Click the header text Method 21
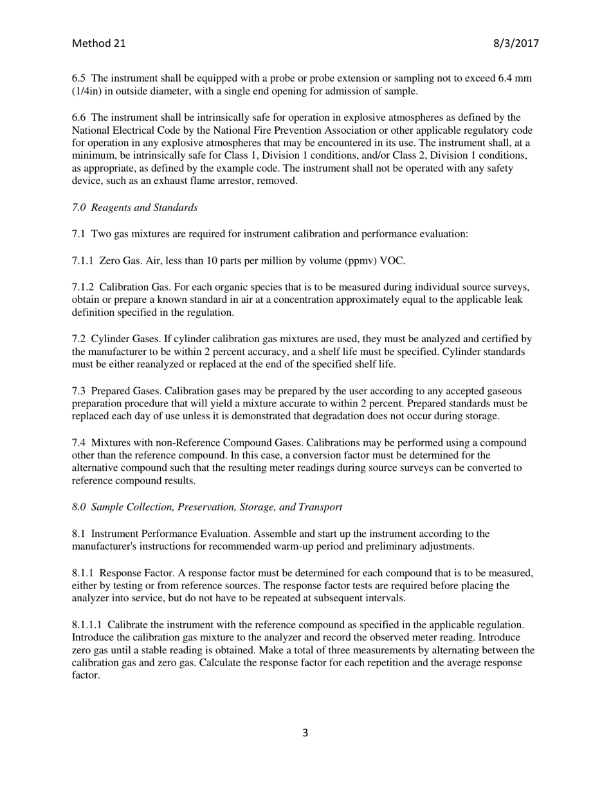click(98, 44)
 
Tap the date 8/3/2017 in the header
click(516, 44)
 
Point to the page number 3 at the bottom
click(305, 732)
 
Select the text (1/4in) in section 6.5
click(87, 91)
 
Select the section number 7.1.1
click(83, 260)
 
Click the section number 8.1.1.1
click(87, 625)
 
